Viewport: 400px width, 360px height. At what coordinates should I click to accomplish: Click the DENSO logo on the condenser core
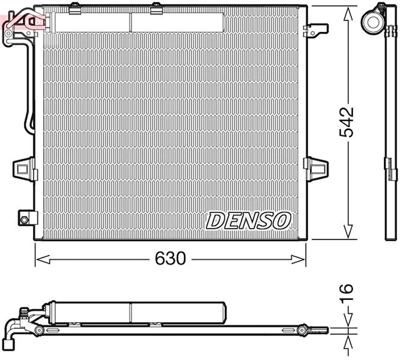tap(248, 220)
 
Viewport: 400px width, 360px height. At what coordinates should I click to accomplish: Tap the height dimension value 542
tap(346, 122)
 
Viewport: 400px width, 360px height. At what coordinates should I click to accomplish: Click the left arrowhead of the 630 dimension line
tap(42, 259)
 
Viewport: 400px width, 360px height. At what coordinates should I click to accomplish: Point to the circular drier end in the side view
tap(373, 22)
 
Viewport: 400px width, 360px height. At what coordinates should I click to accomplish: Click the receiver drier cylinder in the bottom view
tap(136, 312)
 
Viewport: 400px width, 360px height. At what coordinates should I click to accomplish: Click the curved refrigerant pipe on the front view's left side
tap(28, 88)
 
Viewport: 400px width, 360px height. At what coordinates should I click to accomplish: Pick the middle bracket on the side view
tap(391, 169)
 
